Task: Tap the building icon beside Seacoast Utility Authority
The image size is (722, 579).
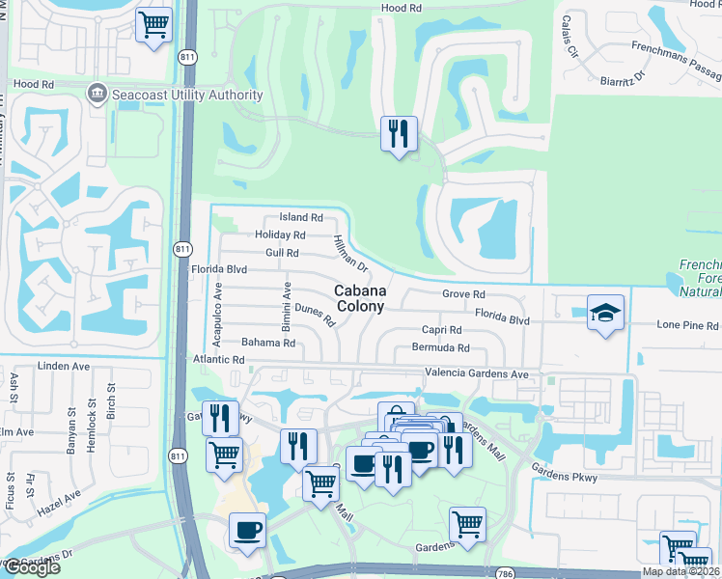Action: click(97, 95)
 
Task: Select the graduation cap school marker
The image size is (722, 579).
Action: click(605, 313)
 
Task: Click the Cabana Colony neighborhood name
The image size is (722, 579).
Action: click(360, 298)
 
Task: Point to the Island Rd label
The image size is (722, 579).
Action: click(300, 218)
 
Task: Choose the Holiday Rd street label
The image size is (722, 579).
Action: click(280, 234)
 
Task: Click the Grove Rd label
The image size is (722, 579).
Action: click(462, 293)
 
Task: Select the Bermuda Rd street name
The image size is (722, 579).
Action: click(440, 347)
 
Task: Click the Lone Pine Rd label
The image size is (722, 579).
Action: click(687, 326)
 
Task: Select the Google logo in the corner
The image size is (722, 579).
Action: click(31, 567)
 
